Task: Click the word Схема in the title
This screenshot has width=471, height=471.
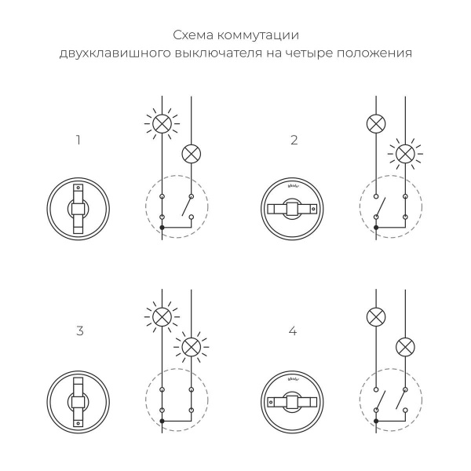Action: (x=193, y=35)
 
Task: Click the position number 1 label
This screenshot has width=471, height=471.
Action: (x=78, y=141)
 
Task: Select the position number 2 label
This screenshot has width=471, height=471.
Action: (x=294, y=141)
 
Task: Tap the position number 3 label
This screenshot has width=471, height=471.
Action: (x=79, y=330)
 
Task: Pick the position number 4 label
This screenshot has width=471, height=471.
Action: (x=293, y=330)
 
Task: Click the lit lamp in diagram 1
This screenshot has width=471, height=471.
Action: (x=162, y=122)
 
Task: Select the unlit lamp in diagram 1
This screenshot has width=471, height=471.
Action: (x=191, y=153)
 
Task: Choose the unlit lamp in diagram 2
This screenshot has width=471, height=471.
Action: (x=375, y=122)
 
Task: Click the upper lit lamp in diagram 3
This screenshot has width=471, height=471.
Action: (x=162, y=316)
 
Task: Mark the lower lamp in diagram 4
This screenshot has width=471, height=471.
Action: (x=404, y=346)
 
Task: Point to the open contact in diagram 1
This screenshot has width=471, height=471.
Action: (x=185, y=206)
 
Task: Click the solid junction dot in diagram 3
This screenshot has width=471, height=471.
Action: (x=162, y=422)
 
